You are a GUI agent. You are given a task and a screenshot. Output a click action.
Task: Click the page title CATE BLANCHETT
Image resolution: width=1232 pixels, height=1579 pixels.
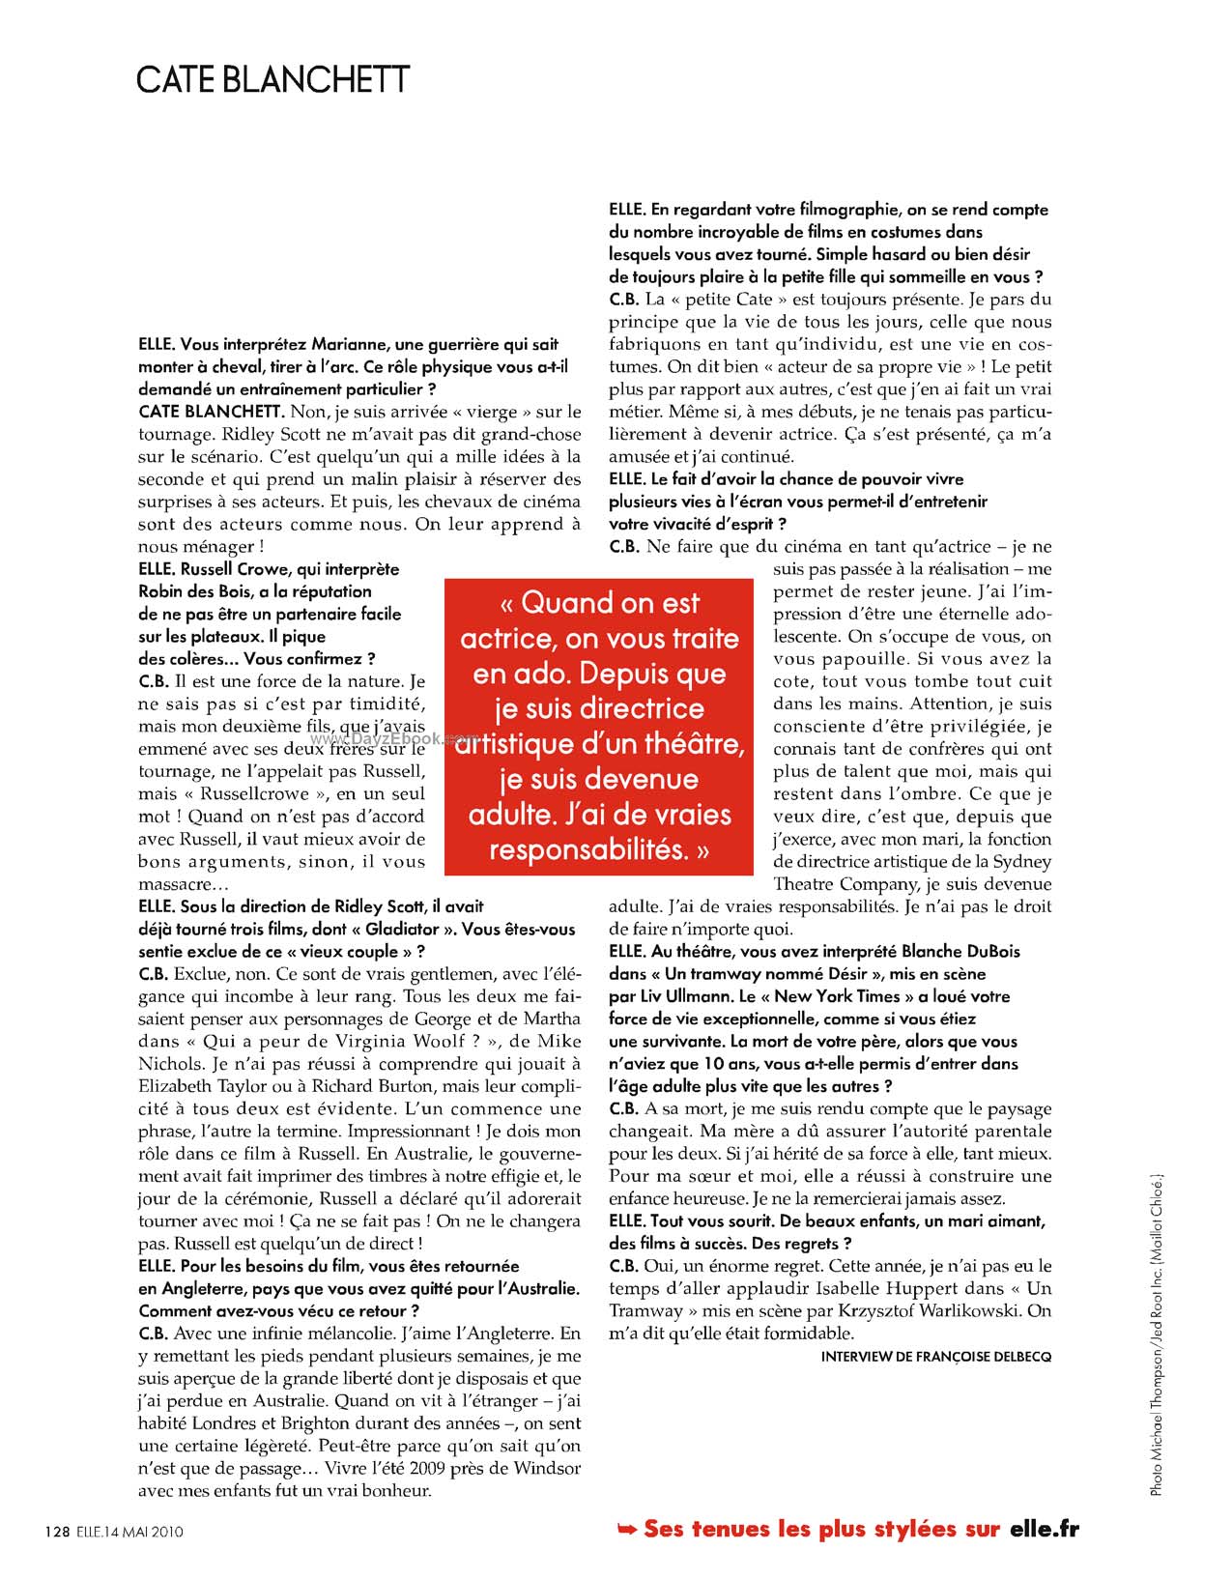pyautogui.click(x=273, y=79)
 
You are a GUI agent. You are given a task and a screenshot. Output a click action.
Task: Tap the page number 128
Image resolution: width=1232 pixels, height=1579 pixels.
pyautogui.click(x=57, y=1531)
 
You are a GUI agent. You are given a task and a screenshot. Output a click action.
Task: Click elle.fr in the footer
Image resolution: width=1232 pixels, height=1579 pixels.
pyautogui.click(x=1044, y=1529)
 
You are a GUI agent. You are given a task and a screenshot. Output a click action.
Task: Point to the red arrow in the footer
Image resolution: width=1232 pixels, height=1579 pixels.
pyautogui.click(x=627, y=1529)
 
